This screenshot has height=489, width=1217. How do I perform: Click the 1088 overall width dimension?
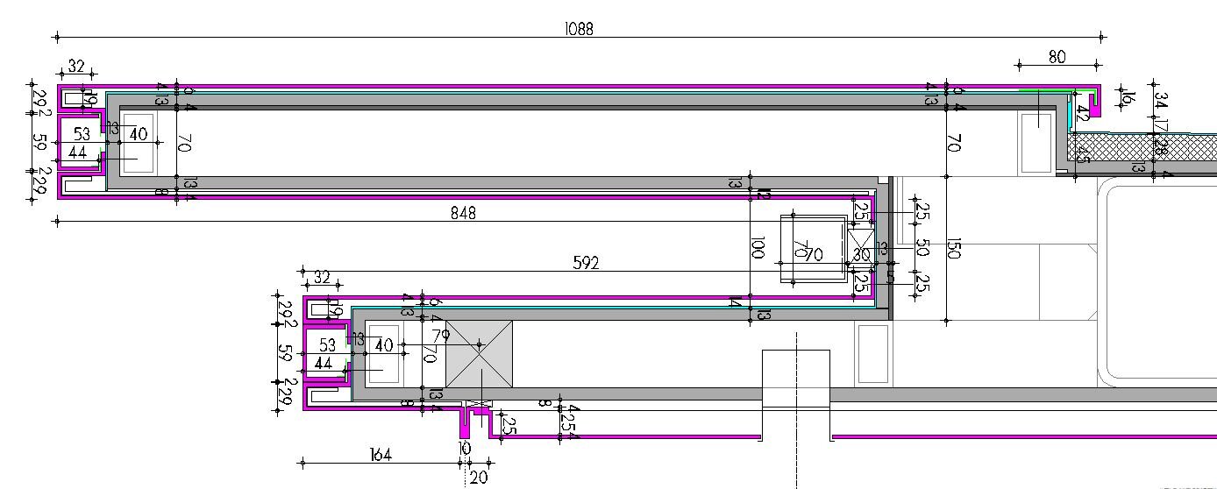pos(579,29)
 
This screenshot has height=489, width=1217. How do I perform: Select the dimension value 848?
pos(463,213)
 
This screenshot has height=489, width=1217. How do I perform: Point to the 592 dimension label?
pos(586,263)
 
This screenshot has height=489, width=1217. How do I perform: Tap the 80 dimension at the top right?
pos(1057,57)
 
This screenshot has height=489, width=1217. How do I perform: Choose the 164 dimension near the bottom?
pos(380,455)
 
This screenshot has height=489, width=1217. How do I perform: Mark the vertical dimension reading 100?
pos(759,249)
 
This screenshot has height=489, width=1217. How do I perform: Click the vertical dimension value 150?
pos(954,249)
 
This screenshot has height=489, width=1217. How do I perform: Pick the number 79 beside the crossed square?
pos(440,335)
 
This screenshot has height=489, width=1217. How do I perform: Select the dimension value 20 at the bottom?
pos(479,478)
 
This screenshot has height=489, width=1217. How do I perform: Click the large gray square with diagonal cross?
pos(480,354)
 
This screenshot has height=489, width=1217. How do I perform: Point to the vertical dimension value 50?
pos(922,248)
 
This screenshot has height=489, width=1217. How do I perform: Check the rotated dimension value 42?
pos(1083,113)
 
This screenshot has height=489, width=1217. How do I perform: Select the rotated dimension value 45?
pos(1084,155)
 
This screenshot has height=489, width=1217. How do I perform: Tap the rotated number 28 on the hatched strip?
pos(1161,148)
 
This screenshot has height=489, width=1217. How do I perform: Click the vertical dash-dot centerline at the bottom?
pos(796,421)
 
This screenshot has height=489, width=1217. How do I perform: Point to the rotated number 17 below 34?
pos(1161,124)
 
